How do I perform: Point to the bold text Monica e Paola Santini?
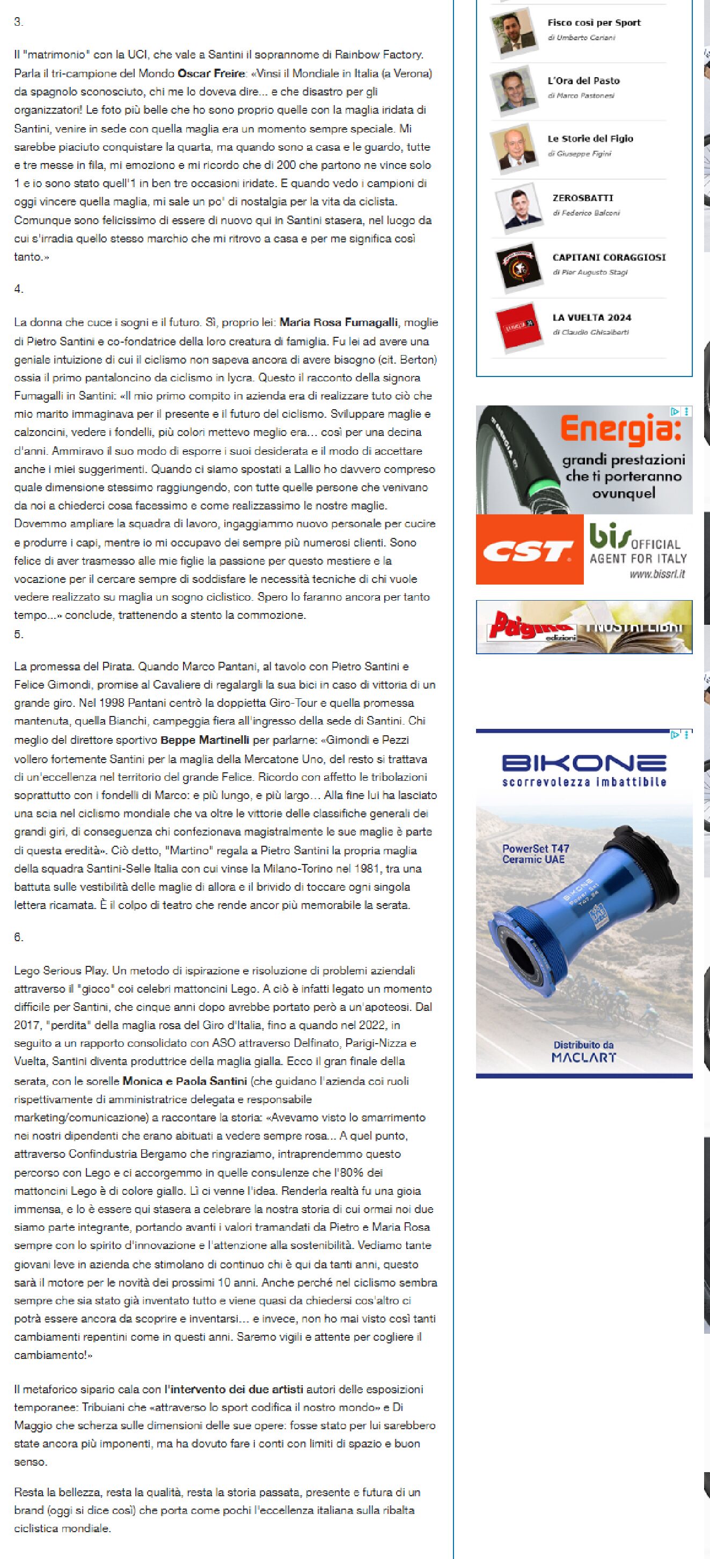(185, 1081)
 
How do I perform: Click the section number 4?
(19, 289)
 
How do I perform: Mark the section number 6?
(19, 937)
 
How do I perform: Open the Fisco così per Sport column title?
(594, 23)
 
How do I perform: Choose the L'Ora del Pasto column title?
(583, 80)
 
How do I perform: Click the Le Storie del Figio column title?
(590, 138)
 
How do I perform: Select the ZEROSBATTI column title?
(582, 198)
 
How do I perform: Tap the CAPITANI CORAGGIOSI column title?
(609, 257)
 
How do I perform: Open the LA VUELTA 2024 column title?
(591, 317)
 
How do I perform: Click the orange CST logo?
(529, 550)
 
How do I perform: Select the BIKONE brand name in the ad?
(583, 763)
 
